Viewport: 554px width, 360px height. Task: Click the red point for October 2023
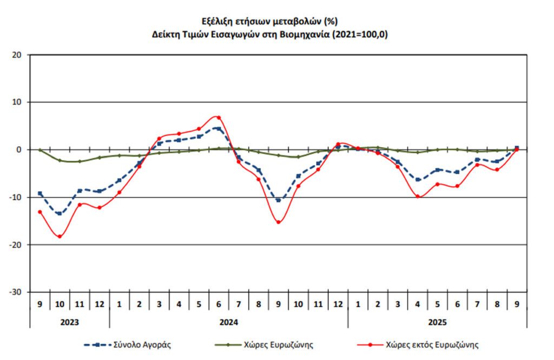pos(60,237)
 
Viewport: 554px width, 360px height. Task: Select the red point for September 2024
pos(279,222)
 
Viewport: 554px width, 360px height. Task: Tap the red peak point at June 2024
pos(219,117)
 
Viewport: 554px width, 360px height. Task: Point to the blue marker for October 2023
pos(60,213)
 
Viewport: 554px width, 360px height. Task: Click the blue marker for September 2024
pos(279,200)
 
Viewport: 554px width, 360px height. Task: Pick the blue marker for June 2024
pos(219,128)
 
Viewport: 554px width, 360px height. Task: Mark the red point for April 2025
pos(418,196)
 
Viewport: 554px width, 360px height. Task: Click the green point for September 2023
pos(40,150)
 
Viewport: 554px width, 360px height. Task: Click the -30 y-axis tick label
pos(16,292)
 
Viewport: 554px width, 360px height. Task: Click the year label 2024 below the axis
pos(229,322)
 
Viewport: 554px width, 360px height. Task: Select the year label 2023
pos(69,322)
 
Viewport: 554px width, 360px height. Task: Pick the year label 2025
pos(437,322)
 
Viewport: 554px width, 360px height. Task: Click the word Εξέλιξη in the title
pos(217,22)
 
